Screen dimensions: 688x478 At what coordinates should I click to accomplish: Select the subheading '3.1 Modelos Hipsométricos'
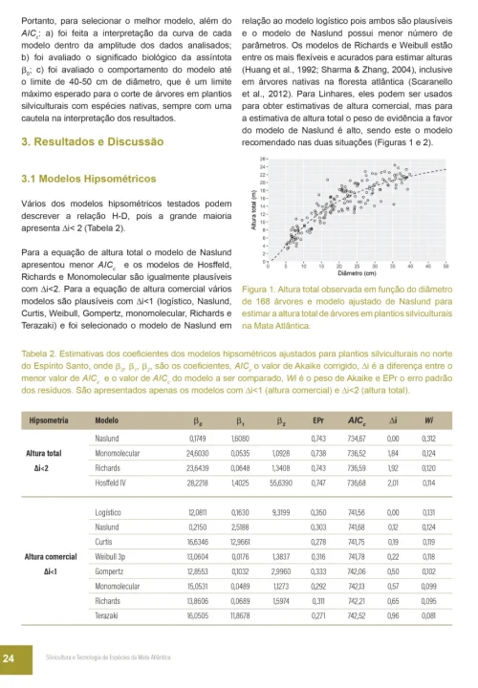pyautogui.click(x=87, y=179)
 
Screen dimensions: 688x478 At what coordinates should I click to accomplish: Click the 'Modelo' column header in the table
pyautogui.click(x=107, y=420)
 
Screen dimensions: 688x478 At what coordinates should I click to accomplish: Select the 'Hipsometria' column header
pyautogui.click(x=53, y=420)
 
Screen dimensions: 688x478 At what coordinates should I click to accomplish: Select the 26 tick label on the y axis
pyautogui.click(x=261, y=158)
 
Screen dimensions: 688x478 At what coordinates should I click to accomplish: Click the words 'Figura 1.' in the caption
pyautogui.click(x=261, y=287)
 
